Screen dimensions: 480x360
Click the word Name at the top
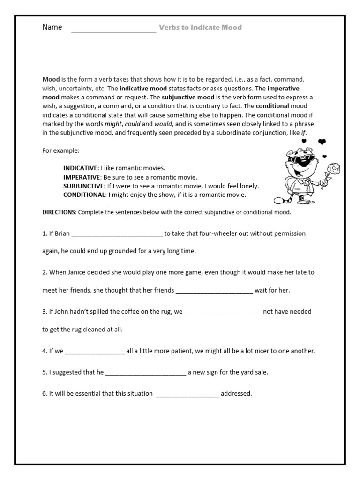52,27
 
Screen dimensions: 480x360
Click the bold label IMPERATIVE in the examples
82,177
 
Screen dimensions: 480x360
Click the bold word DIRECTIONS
59,212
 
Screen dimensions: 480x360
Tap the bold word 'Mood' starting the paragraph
51,80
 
